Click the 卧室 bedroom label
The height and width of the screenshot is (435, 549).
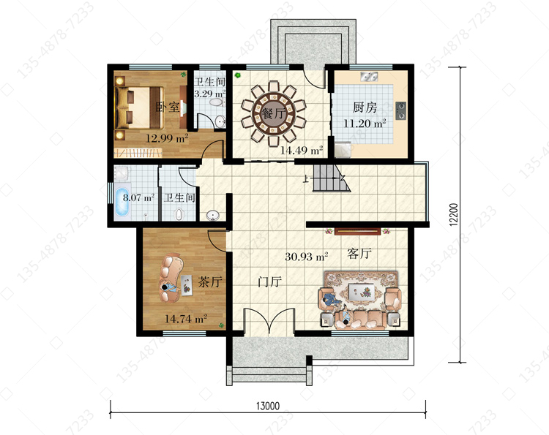point(168,107)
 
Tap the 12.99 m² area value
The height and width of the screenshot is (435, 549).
point(167,138)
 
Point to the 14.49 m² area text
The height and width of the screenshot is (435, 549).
point(302,151)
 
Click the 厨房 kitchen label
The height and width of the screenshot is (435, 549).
point(365,107)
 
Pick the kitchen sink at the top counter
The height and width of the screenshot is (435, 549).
point(369,76)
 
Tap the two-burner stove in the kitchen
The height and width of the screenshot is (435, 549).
point(401,110)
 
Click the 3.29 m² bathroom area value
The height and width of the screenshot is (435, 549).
point(210,94)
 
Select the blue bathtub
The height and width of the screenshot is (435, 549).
point(122,203)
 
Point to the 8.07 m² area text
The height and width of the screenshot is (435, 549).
point(138,197)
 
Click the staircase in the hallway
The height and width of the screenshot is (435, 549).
point(331,178)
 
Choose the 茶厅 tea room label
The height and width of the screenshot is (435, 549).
point(210,281)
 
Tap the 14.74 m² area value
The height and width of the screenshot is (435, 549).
point(186,319)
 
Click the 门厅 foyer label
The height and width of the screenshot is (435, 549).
point(269,281)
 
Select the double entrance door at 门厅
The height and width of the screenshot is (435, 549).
point(269,322)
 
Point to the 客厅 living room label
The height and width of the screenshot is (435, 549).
point(359,253)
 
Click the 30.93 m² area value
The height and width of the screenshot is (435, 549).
point(307,257)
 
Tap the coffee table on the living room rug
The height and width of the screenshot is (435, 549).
point(360,291)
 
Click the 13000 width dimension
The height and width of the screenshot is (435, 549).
point(268,406)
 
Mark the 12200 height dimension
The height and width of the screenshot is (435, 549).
point(453,214)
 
